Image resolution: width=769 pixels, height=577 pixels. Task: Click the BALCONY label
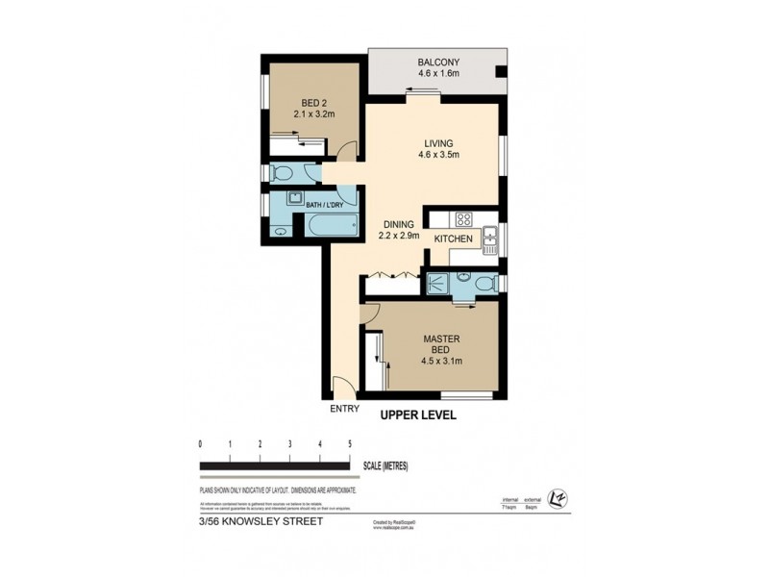point(439,57)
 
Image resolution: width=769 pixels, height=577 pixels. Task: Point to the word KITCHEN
point(453,238)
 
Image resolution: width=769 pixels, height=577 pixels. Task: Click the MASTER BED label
point(441,344)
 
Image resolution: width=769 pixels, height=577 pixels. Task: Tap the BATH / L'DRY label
point(327,206)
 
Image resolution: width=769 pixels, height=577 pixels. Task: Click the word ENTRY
point(344,409)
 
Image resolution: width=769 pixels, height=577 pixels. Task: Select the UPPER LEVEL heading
point(418,415)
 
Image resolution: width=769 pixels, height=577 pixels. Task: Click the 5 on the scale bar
point(350,444)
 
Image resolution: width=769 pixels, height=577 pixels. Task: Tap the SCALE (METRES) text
point(386,466)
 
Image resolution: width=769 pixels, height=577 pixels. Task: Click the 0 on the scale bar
point(200,444)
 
